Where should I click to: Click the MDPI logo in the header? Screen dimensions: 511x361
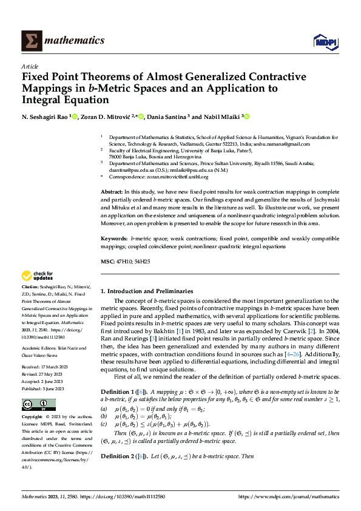[x=325, y=41]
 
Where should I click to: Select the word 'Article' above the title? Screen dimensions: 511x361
[x=30, y=66]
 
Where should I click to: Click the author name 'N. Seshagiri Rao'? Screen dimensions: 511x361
[x=45, y=116]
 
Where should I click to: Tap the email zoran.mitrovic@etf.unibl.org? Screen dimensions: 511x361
[x=180, y=177]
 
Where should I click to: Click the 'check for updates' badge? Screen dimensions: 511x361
[x=38, y=276]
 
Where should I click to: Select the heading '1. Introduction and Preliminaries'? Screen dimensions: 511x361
[x=146, y=291]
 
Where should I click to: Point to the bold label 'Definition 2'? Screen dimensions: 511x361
[x=118, y=456]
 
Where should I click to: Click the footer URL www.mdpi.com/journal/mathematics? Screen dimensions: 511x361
[x=289, y=496]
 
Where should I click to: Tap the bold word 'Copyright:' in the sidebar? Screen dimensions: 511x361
[x=33, y=418]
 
